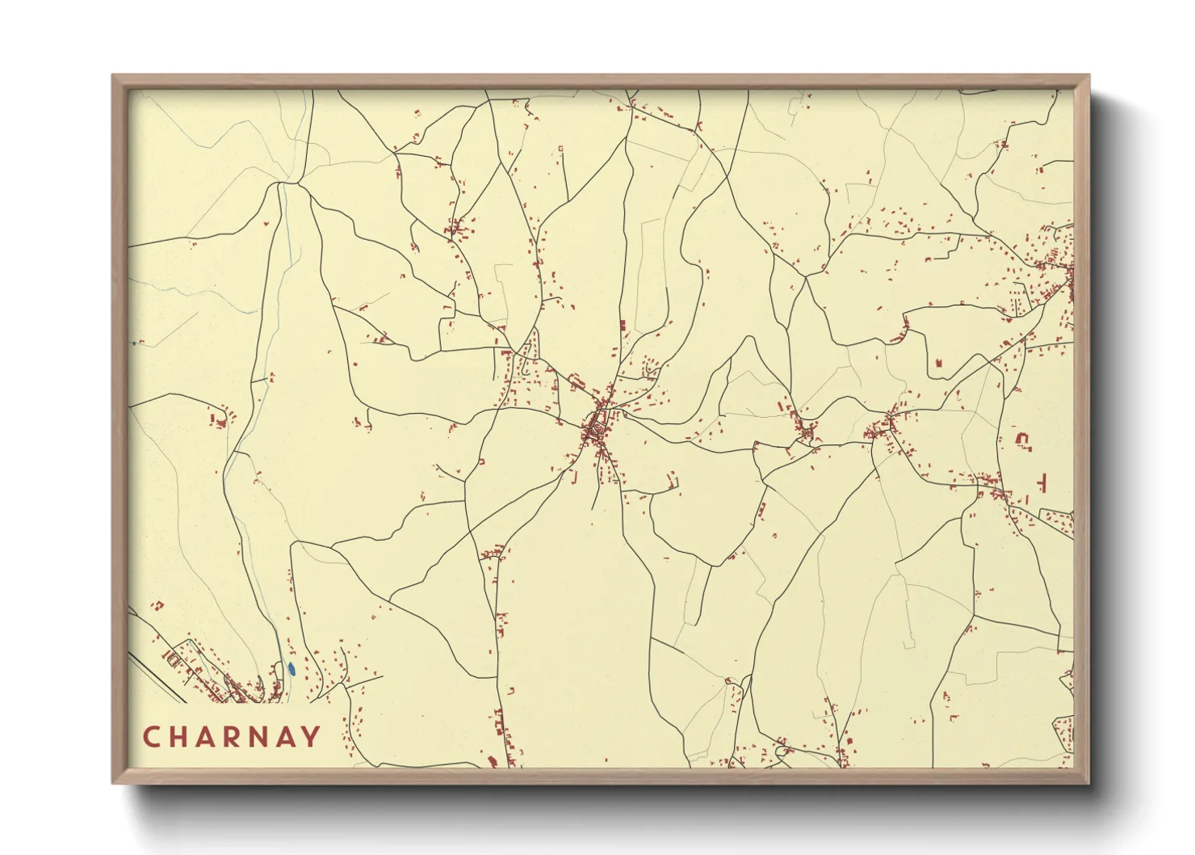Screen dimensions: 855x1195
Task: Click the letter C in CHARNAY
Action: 151,737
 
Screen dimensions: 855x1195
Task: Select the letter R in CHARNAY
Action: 233,737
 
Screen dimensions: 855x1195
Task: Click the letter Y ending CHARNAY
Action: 311,737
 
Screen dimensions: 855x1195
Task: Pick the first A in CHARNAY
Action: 206,737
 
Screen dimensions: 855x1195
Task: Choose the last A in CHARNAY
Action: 285,737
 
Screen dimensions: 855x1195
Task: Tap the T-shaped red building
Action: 1042,482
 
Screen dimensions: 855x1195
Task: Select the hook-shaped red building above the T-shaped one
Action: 1023,440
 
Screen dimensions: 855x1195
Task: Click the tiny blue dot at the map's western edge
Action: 134,343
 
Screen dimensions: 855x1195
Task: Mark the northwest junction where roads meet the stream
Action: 280,183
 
